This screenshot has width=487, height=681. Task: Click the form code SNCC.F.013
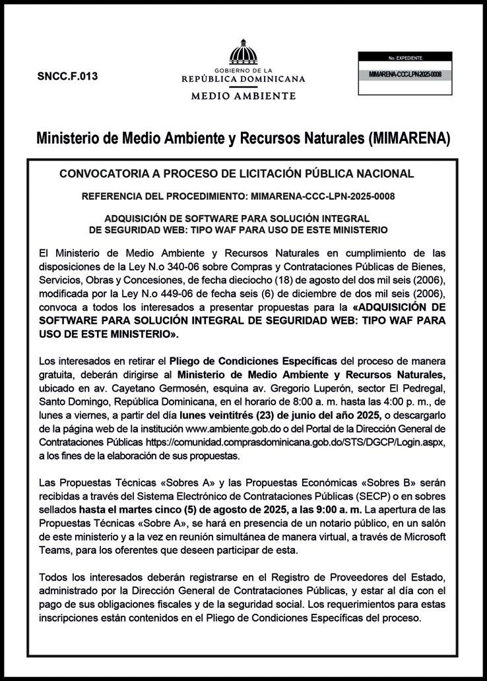(67, 76)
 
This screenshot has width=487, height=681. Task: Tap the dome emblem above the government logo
(243, 52)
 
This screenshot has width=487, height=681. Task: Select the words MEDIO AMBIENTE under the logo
(243, 96)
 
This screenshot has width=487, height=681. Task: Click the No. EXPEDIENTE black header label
(405, 58)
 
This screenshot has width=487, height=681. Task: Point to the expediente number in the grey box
(405, 75)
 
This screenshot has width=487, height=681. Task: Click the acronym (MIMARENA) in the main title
(409, 138)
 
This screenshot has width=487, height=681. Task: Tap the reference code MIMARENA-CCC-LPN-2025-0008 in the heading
(323, 196)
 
